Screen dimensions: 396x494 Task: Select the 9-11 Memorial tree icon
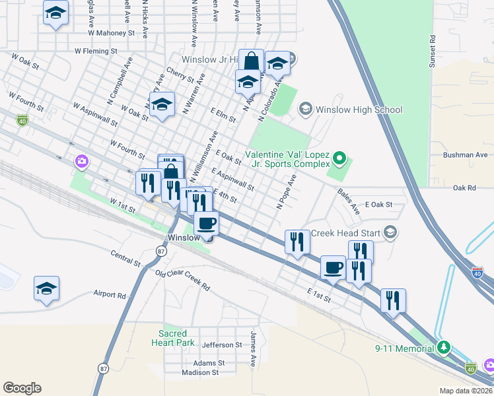coord(444,347)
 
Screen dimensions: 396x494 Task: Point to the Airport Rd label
coord(110,295)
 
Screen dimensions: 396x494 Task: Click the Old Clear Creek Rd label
coord(182,280)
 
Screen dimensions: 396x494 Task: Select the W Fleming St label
coord(96,50)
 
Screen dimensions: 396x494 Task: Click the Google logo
coord(22,388)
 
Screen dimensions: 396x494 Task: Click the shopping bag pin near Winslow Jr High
coord(252,61)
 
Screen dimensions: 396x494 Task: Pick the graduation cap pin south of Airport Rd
coord(46,288)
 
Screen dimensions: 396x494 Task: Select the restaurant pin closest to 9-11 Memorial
coord(393,301)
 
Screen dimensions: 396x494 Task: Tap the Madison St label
coord(200,372)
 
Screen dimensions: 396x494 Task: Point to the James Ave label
coord(253,349)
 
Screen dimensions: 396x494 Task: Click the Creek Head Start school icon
coord(390,232)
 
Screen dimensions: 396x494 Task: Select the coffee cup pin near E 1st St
coord(333,267)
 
